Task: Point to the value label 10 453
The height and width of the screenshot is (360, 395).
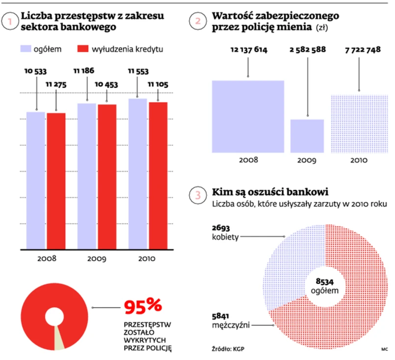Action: [106, 84]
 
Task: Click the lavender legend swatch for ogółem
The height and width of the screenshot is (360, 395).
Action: [25, 49]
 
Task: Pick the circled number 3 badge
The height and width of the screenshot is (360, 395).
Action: [198, 195]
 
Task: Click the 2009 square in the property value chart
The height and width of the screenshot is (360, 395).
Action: [307, 136]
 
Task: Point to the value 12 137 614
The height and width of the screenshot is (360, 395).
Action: [248, 50]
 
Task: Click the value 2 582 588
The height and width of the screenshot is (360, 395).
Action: [308, 50]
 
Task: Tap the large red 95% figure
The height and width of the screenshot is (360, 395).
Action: [143, 307]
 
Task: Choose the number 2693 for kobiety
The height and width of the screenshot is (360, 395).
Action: [221, 229]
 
